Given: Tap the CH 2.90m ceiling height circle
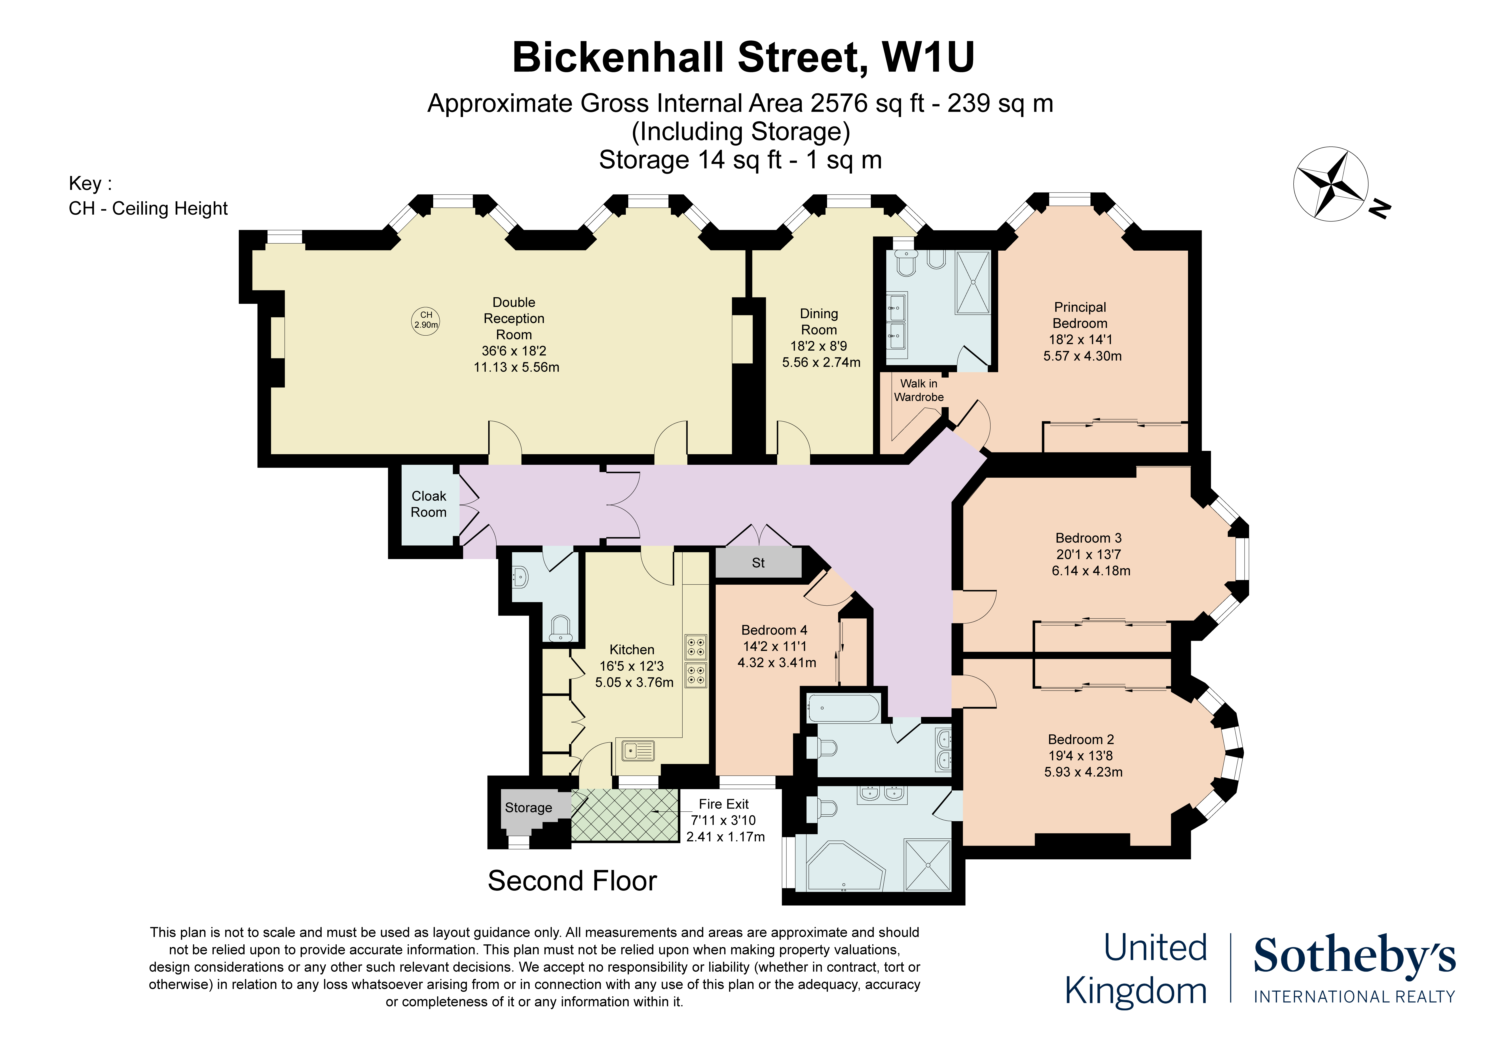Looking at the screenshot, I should click(426, 320).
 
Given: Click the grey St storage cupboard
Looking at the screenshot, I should click(758, 562).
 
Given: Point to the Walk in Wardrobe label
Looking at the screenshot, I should click(918, 390).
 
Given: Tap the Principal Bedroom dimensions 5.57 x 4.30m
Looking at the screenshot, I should click(1082, 356).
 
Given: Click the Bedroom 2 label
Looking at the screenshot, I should click(1081, 739).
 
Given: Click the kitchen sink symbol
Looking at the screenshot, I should click(638, 750).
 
